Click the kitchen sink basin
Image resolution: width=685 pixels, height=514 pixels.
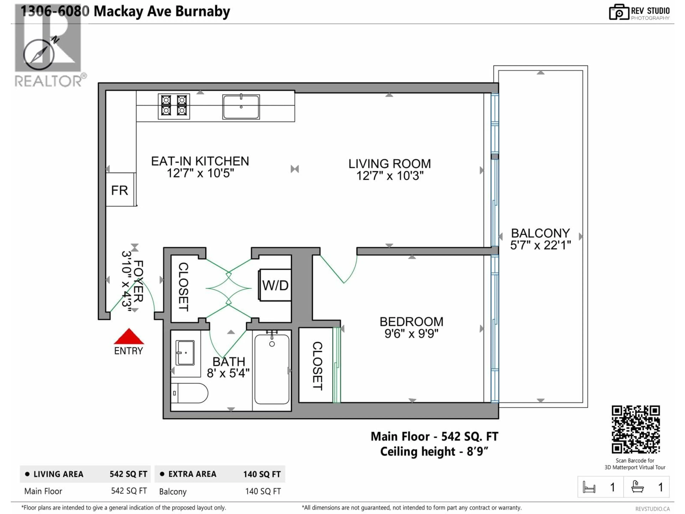coord(241,107)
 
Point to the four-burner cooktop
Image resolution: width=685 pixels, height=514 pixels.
coord(174,106)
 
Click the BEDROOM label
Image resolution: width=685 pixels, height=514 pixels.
coord(411,322)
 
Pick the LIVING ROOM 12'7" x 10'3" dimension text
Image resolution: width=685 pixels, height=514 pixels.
coord(390,176)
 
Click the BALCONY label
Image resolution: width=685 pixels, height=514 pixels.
coord(540,233)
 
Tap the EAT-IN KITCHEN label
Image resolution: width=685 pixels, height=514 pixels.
coord(200,161)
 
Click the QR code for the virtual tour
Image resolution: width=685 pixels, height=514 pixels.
coord(635,429)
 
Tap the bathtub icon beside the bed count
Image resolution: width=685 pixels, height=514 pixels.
coord(637,487)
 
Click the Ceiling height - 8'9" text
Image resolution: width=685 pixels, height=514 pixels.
coord(434,451)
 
